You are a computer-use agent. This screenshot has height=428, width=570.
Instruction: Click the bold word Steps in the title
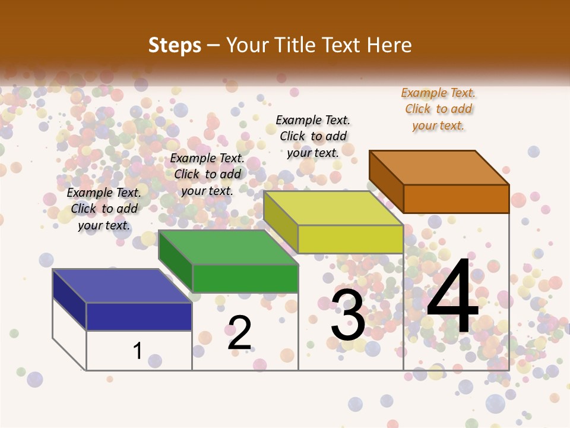(x=175, y=45)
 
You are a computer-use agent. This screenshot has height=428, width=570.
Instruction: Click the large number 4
(x=452, y=297)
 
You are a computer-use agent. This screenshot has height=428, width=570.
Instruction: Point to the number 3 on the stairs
(x=348, y=315)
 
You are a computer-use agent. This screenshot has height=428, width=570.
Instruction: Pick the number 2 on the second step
(x=239, y=332)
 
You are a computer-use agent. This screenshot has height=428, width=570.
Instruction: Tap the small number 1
(x=138, y=351)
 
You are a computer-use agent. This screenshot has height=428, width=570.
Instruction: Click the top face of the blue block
(x=122, y=286)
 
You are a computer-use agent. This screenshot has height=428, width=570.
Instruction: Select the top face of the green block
(x=228, y=247)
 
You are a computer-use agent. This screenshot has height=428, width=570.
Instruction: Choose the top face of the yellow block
(x=333, y=208)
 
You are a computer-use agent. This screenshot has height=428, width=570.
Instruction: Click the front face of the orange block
(x=456, y=199)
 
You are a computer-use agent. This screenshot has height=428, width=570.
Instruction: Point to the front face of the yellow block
(x=350, y=239)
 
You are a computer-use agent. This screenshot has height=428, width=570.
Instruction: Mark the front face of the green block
(x=245, y=278)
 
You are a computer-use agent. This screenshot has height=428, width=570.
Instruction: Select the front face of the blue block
(x=139, y=316)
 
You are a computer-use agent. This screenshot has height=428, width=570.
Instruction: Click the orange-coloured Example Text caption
(x=438, y=109)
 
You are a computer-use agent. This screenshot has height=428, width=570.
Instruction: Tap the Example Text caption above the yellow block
(x=313, y=136)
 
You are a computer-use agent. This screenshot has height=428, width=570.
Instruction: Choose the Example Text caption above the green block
(x=207, y=174)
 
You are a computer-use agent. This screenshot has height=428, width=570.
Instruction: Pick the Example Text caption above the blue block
(x=104, y=209)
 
